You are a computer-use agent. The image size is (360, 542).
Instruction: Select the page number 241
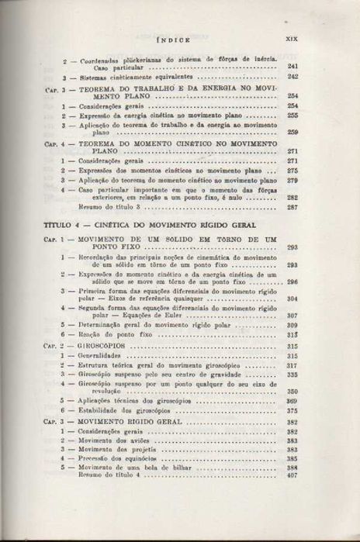click(292, 67)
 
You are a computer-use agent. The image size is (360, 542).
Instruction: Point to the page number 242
click(292, 78)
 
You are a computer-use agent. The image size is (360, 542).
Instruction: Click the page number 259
click(292, 133)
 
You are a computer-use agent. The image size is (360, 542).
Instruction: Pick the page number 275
click(292, 171)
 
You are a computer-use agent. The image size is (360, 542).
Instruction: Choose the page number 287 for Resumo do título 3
click(292, 207)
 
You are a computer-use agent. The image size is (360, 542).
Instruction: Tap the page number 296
click(292, 282)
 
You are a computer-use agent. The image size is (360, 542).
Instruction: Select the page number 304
click(292, 299)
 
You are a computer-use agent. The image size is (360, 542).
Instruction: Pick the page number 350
click(292, 392)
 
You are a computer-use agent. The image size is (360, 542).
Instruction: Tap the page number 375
click(292, 410)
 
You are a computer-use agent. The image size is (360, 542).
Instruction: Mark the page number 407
click(292, 475)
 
